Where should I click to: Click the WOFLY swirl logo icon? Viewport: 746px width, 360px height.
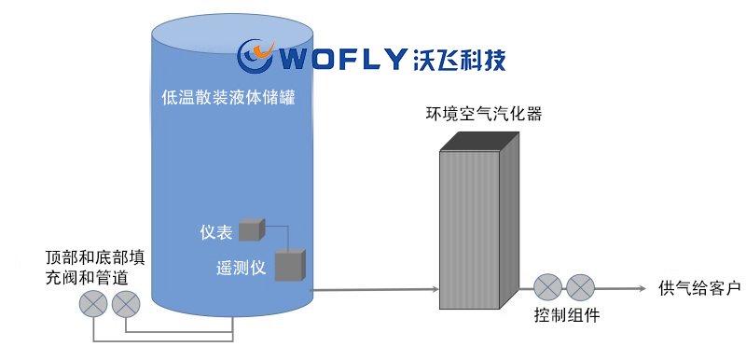[x=256, y=56]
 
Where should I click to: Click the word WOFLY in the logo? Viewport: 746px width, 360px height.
[x=341, y=59]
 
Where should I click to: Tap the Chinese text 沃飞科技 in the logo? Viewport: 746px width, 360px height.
[x=458, y=59]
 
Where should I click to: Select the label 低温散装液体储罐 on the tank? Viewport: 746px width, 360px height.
[x=228, y=98]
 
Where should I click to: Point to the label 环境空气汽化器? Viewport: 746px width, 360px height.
[x=484, y=114]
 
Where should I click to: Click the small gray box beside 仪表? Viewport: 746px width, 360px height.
[x=252, y=229]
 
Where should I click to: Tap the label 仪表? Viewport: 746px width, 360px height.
[x=216, y=232]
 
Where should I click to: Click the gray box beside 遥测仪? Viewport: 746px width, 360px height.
[x=290, y=265]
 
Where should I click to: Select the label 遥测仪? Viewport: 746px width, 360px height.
[x=241, y=269]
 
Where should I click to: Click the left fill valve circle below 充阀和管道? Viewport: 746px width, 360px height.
[x=93, y=303]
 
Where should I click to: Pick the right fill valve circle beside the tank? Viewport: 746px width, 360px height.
[x=126, y=303]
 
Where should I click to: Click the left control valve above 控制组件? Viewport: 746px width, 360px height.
[x=548, y=287]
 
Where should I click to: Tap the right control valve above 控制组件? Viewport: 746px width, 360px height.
[x=580, y=287]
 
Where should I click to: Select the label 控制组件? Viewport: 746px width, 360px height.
[x=567, y=315]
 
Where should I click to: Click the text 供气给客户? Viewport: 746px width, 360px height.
[x=699, y=288]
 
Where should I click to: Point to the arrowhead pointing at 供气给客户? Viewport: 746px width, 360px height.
[x=642, y=288]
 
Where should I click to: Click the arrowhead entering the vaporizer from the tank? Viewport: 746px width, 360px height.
[x=435, y=289]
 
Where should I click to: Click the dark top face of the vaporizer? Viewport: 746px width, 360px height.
[x=479, y=141]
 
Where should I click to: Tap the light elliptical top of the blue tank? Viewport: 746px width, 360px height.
[x=232, y=34]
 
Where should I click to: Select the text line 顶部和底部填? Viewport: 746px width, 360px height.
[x=95, y=257]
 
